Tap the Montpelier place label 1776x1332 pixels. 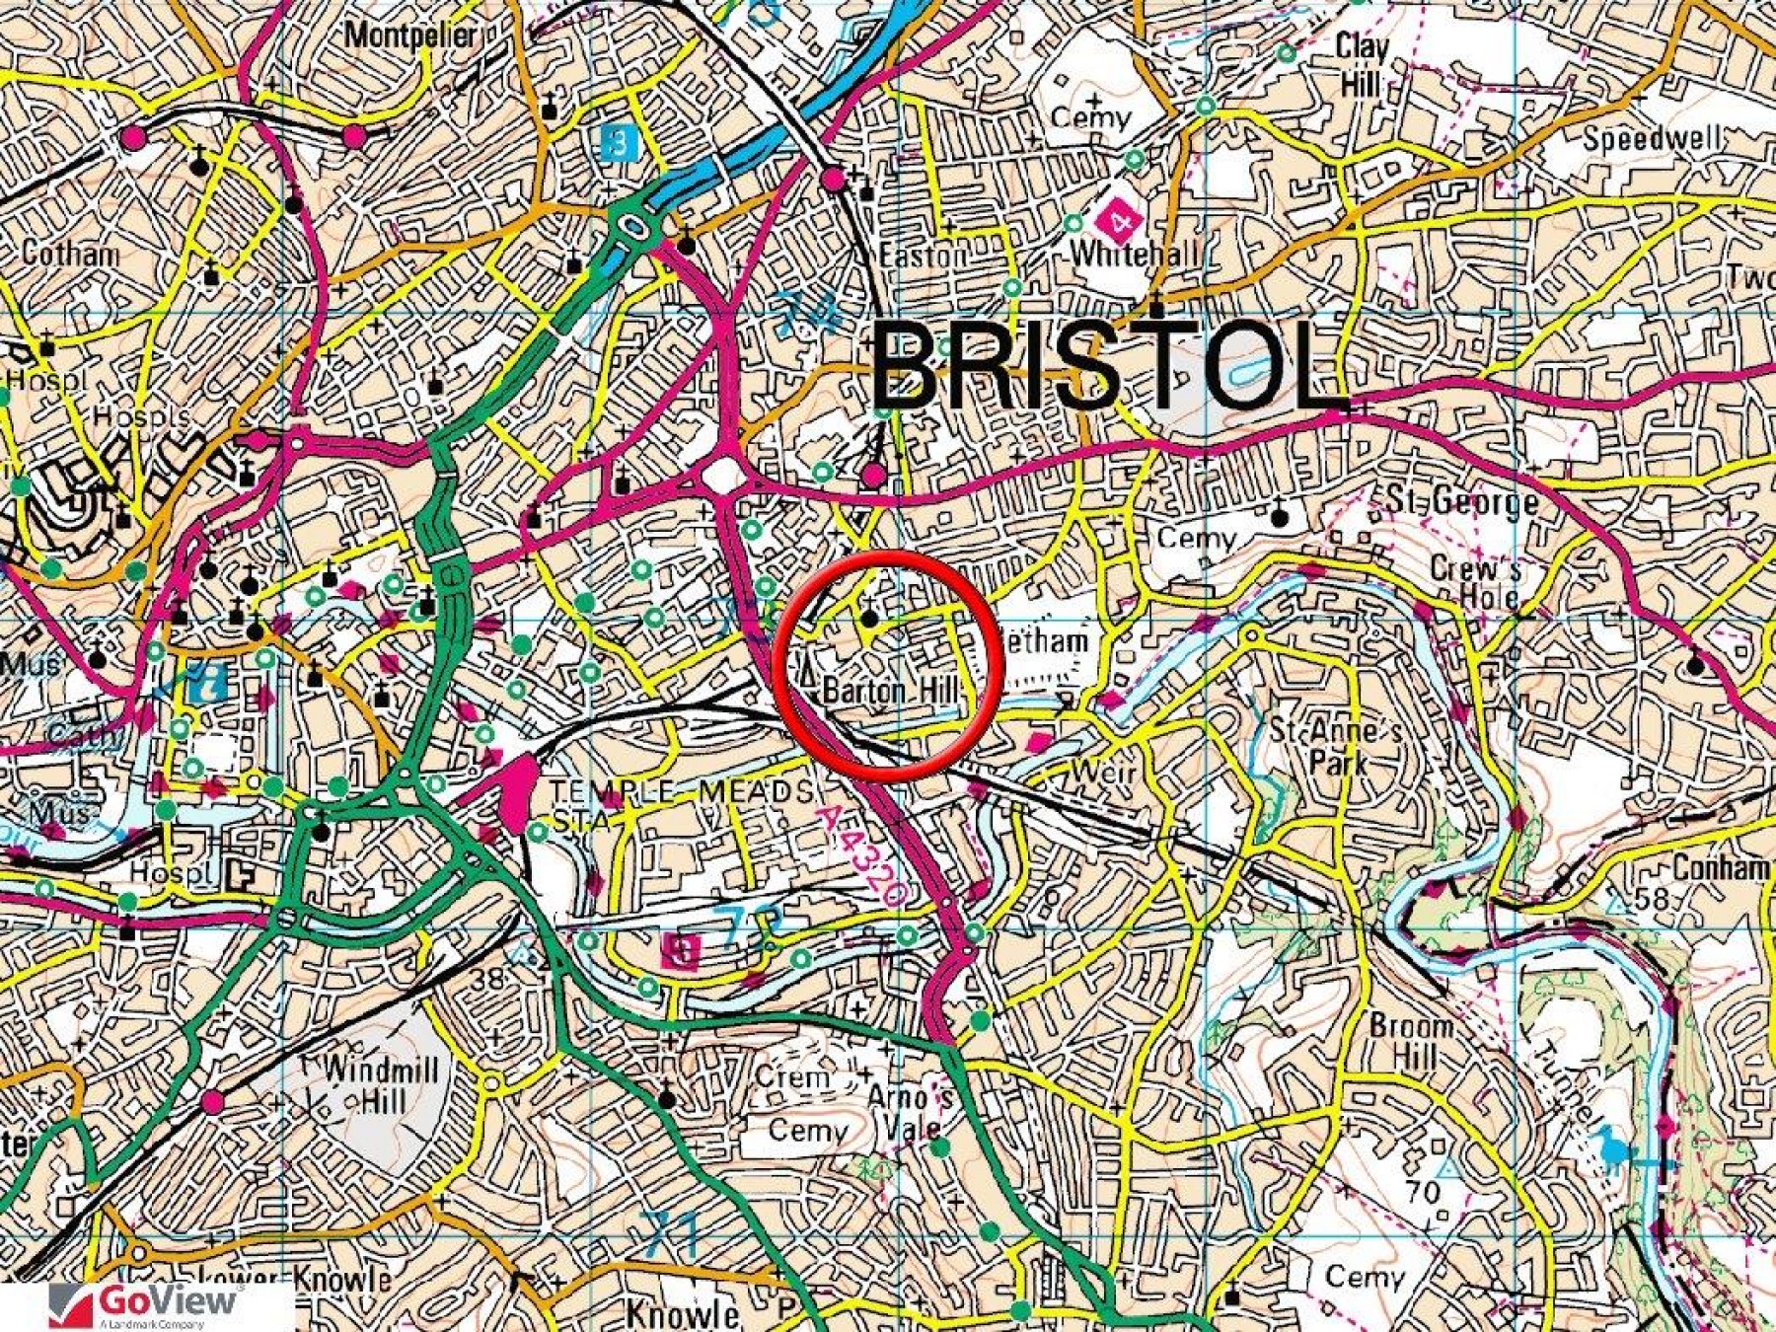(410, 37)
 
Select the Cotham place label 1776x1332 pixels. (70, 255)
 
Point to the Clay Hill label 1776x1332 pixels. (1362, 65)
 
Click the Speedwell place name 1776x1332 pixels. (1653, 139)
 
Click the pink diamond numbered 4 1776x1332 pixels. (1120, 221)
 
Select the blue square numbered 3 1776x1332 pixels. (619, 144)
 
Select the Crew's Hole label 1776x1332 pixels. (1476, 582)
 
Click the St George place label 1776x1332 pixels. (1461, 500)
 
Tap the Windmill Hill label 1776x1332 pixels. (380, 1083)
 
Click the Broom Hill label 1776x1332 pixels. (1411, 1040)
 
